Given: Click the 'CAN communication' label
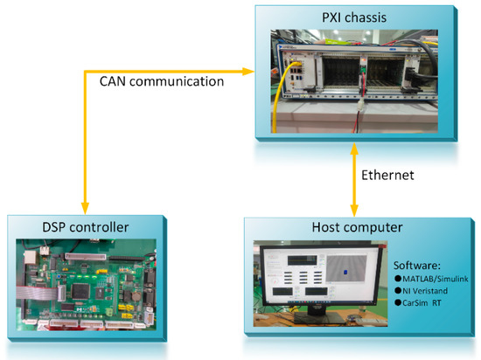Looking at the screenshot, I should [x=163, y=81].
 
